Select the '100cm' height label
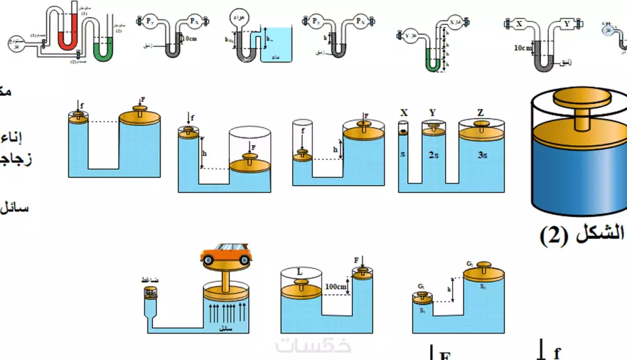[x=337, y=287]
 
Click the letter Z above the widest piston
[x=480, y=113]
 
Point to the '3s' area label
[x=481, y=155]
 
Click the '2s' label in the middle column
[x=433, y=155]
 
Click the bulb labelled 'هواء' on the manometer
[x=240, y=14]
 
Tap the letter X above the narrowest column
[x=404, y=113]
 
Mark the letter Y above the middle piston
[x=432, y=113]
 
